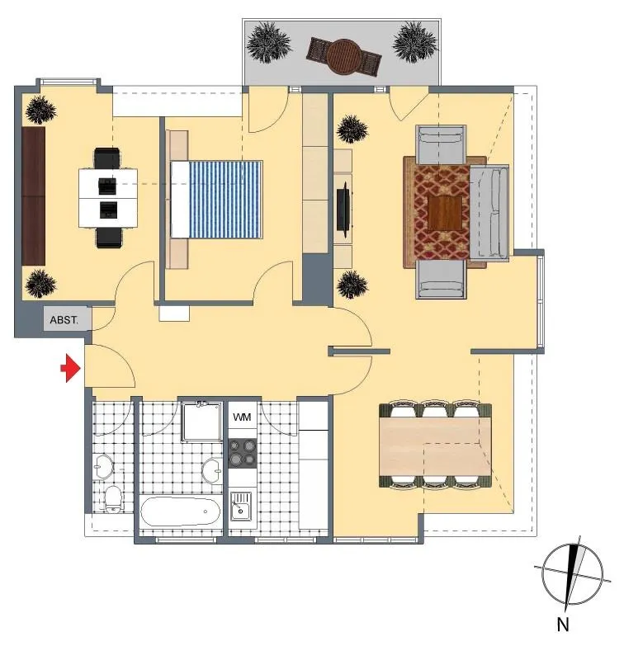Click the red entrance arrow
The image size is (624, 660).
(71, 368)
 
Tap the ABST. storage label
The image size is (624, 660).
(64, 320)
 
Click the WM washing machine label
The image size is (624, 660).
(242, 417)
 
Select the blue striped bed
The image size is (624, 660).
(217, 199)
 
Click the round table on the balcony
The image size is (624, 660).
(344, 56)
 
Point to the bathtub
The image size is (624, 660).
(181, 512)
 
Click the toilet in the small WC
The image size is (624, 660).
(113, 499)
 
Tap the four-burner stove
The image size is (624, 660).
(243, 453)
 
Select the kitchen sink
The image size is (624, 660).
(241, 507)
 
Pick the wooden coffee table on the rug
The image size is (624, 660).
(448, 213)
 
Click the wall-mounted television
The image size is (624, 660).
(343, 207)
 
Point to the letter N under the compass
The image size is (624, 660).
(563, 625)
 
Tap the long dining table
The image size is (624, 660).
(435, 446)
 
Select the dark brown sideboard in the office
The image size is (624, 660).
(34, 196)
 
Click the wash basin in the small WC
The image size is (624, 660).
(103, 466)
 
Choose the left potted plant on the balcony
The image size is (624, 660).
(268, 42)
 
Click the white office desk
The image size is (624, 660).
(108, 198)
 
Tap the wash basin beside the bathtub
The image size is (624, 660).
(211, 470)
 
